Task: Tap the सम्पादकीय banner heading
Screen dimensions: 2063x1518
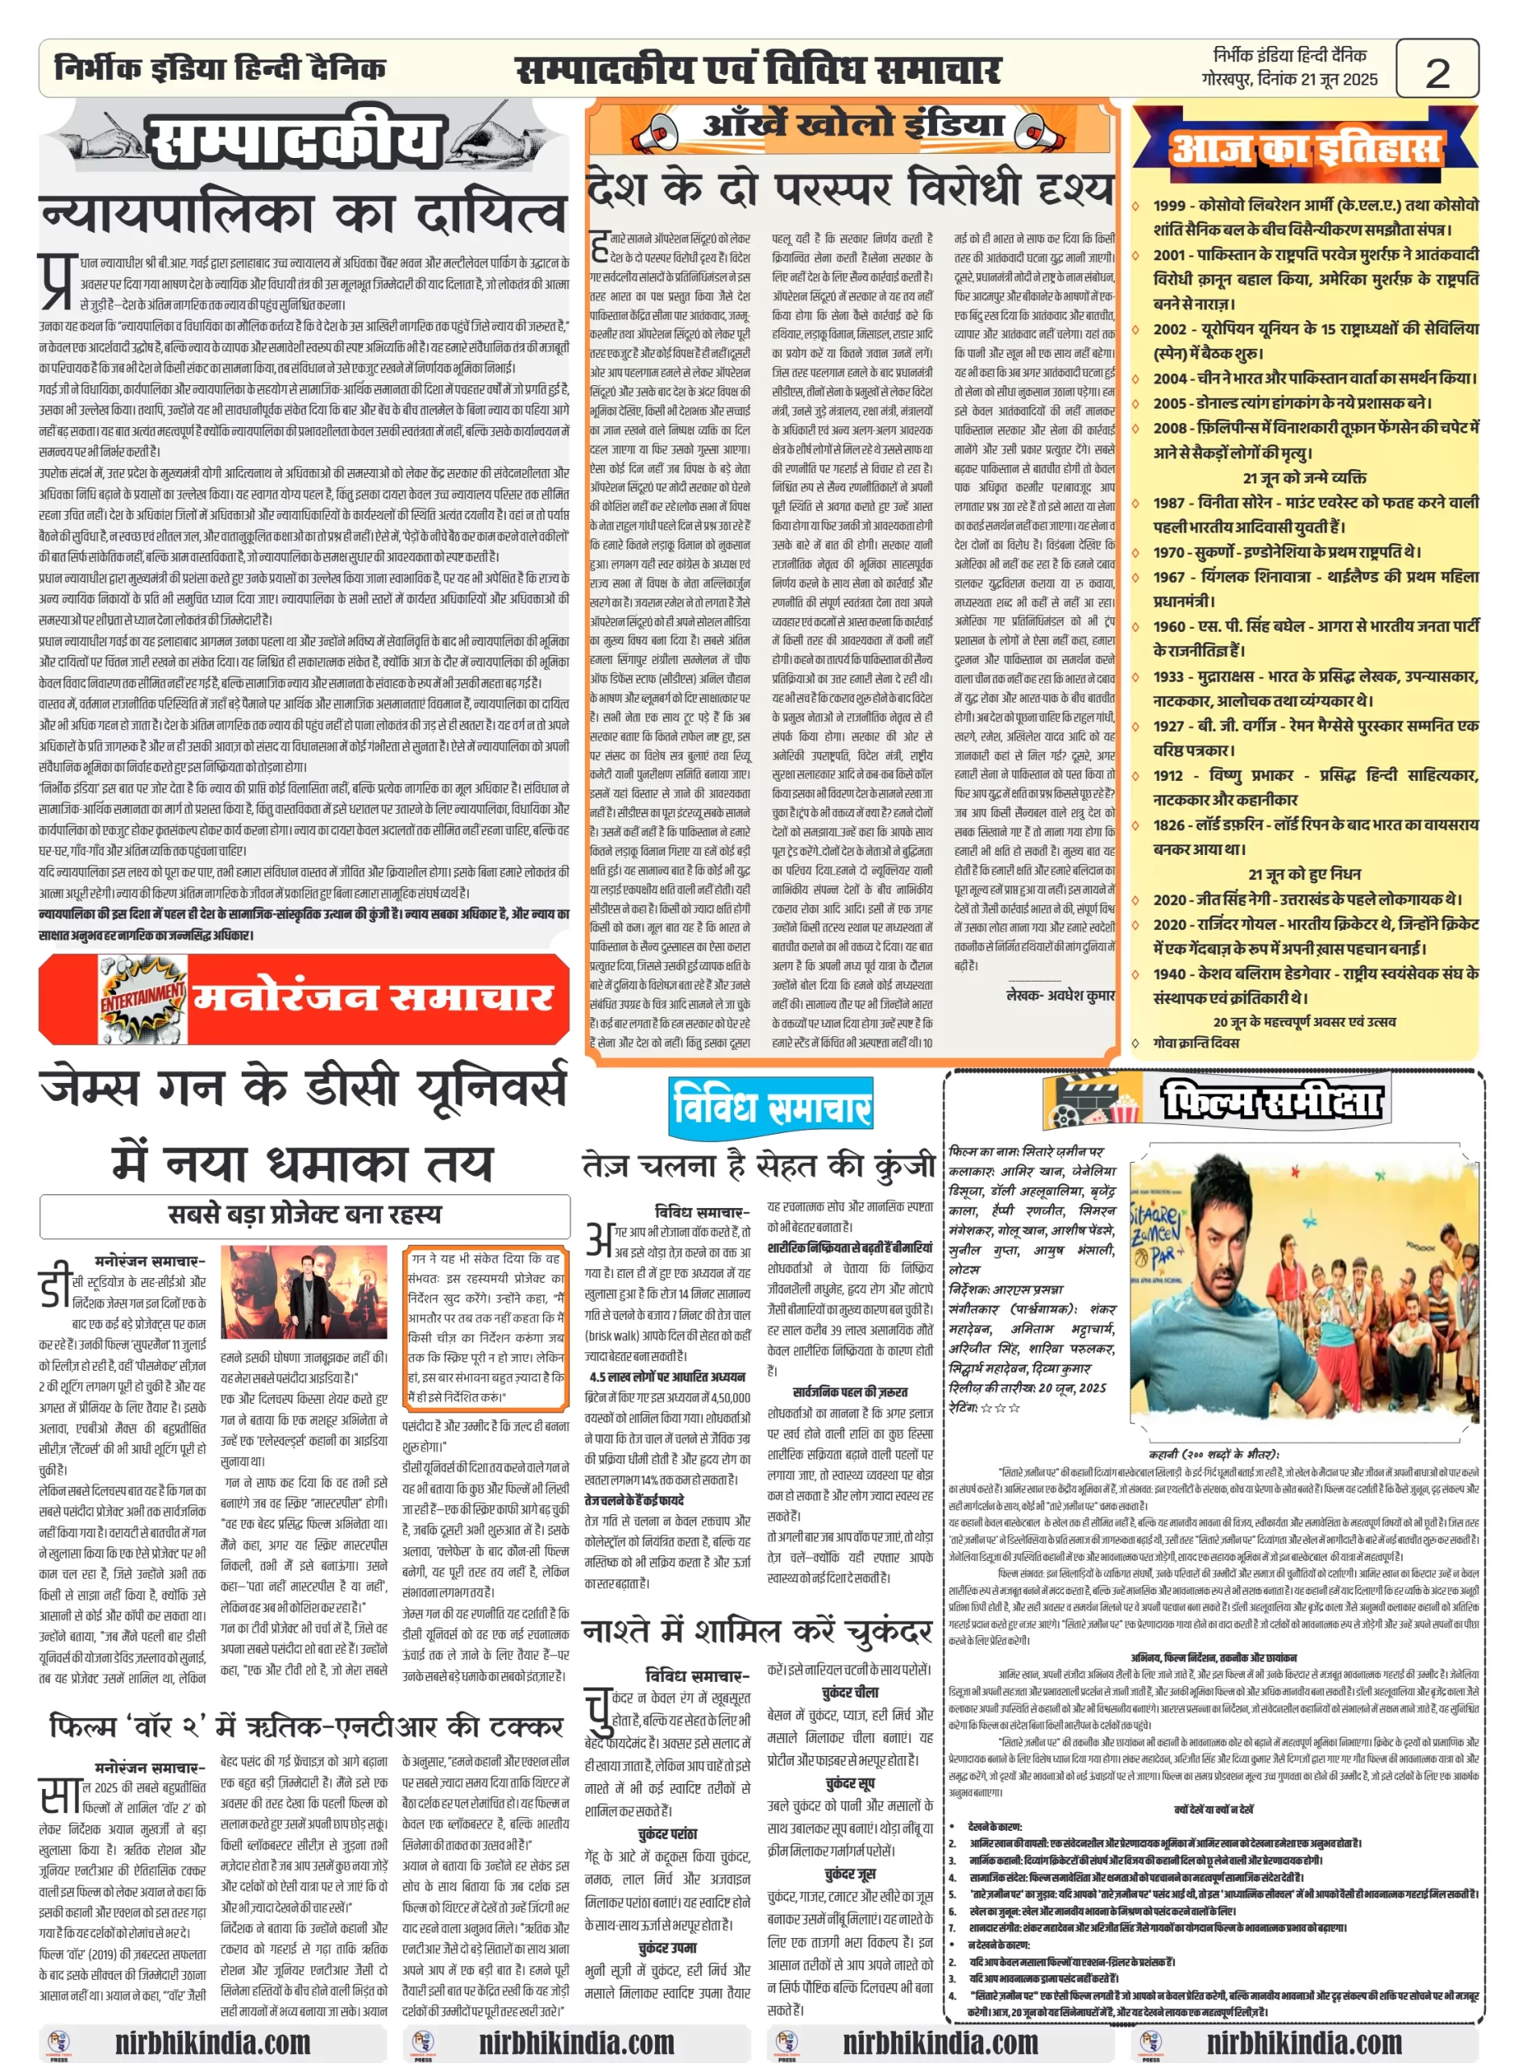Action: pos(293,143)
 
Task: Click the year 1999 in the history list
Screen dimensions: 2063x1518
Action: pos(1169,205)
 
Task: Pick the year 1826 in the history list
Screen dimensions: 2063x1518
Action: pos(1169,825)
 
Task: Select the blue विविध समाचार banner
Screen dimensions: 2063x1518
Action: pos(770,1106)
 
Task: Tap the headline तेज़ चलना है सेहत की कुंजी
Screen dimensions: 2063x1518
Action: pos(759,1165)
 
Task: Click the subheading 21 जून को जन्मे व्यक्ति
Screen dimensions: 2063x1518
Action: pos(1304,478)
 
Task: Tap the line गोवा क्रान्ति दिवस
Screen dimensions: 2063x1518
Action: pos(1196,1043)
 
